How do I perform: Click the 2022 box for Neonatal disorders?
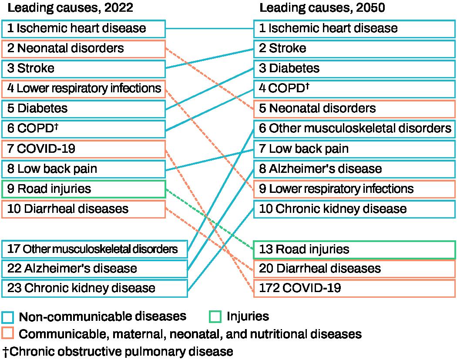(x=83, y=48)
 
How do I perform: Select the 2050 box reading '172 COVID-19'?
(x=354, y=288)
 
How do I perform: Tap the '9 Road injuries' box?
(x=83, y=189)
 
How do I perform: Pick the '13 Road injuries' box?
(x=354, y=249)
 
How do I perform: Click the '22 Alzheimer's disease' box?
(x=94, y=268)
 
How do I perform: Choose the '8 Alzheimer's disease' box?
(x=354, y=169)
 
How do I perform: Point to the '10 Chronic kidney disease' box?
(x=354, y=209)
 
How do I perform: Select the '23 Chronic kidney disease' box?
(x=94, y=288)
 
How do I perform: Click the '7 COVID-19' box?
(x=83, y=149)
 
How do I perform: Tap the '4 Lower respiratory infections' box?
(x=83, y=88)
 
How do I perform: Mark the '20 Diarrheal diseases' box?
(x=354, y=268)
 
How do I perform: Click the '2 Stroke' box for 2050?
(x=354, y=48)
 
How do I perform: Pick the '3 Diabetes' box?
(x=354, y=68)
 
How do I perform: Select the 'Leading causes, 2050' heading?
(x=322, y=8)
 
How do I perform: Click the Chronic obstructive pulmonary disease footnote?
(x=118, y=351)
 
